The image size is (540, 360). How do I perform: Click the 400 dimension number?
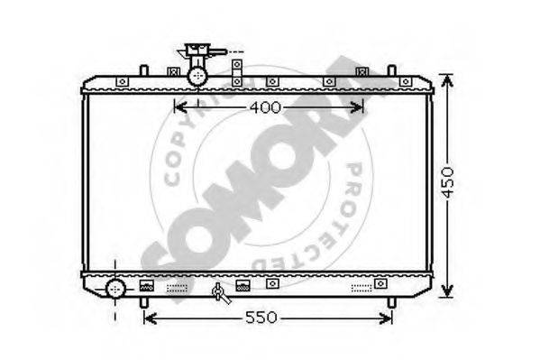click(x=266, y=108)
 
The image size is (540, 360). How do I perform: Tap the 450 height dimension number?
click(x=448, y=183)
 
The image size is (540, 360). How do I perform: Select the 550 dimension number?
click(x=261, y=318)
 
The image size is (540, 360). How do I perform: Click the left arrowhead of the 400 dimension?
click(x=180, y=107)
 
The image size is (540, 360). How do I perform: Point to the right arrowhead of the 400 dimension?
click(x=357, y=107)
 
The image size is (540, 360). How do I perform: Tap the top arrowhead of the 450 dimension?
click(x=446, y=81)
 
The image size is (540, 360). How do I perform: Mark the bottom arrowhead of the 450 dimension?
click(x=446, y=291)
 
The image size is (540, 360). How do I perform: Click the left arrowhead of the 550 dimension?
click(x=150, y=318)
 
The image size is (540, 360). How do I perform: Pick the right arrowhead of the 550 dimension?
click(x=386, y=318)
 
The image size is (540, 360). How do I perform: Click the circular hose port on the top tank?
click(x=197, y=76)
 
